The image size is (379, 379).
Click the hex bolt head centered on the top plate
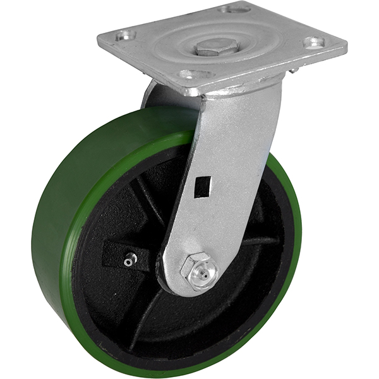point(216,47)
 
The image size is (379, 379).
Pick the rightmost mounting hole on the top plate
point(313,42)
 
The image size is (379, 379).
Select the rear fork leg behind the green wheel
point(155,95)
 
